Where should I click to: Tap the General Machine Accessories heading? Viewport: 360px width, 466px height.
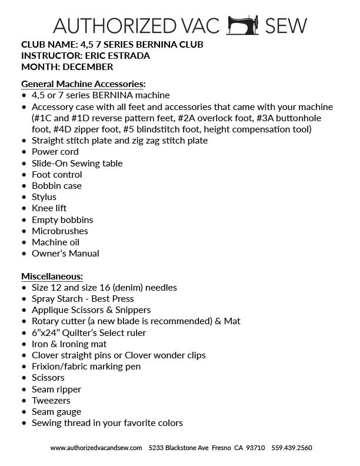84,84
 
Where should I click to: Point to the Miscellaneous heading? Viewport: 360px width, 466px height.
52,276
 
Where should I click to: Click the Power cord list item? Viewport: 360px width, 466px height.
55,152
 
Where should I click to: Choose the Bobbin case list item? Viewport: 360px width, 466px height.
56,186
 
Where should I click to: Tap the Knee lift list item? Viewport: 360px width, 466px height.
49,208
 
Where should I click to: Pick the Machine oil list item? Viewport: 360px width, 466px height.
55,242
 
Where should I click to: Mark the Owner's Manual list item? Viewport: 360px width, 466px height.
65,254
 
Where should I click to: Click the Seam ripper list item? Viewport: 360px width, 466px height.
56,390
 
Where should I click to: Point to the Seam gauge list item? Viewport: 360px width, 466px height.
56,412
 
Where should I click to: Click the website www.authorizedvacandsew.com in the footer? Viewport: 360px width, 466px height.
96,448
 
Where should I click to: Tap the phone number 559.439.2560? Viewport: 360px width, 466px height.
292,448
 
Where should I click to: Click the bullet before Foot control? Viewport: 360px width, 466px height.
24,175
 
